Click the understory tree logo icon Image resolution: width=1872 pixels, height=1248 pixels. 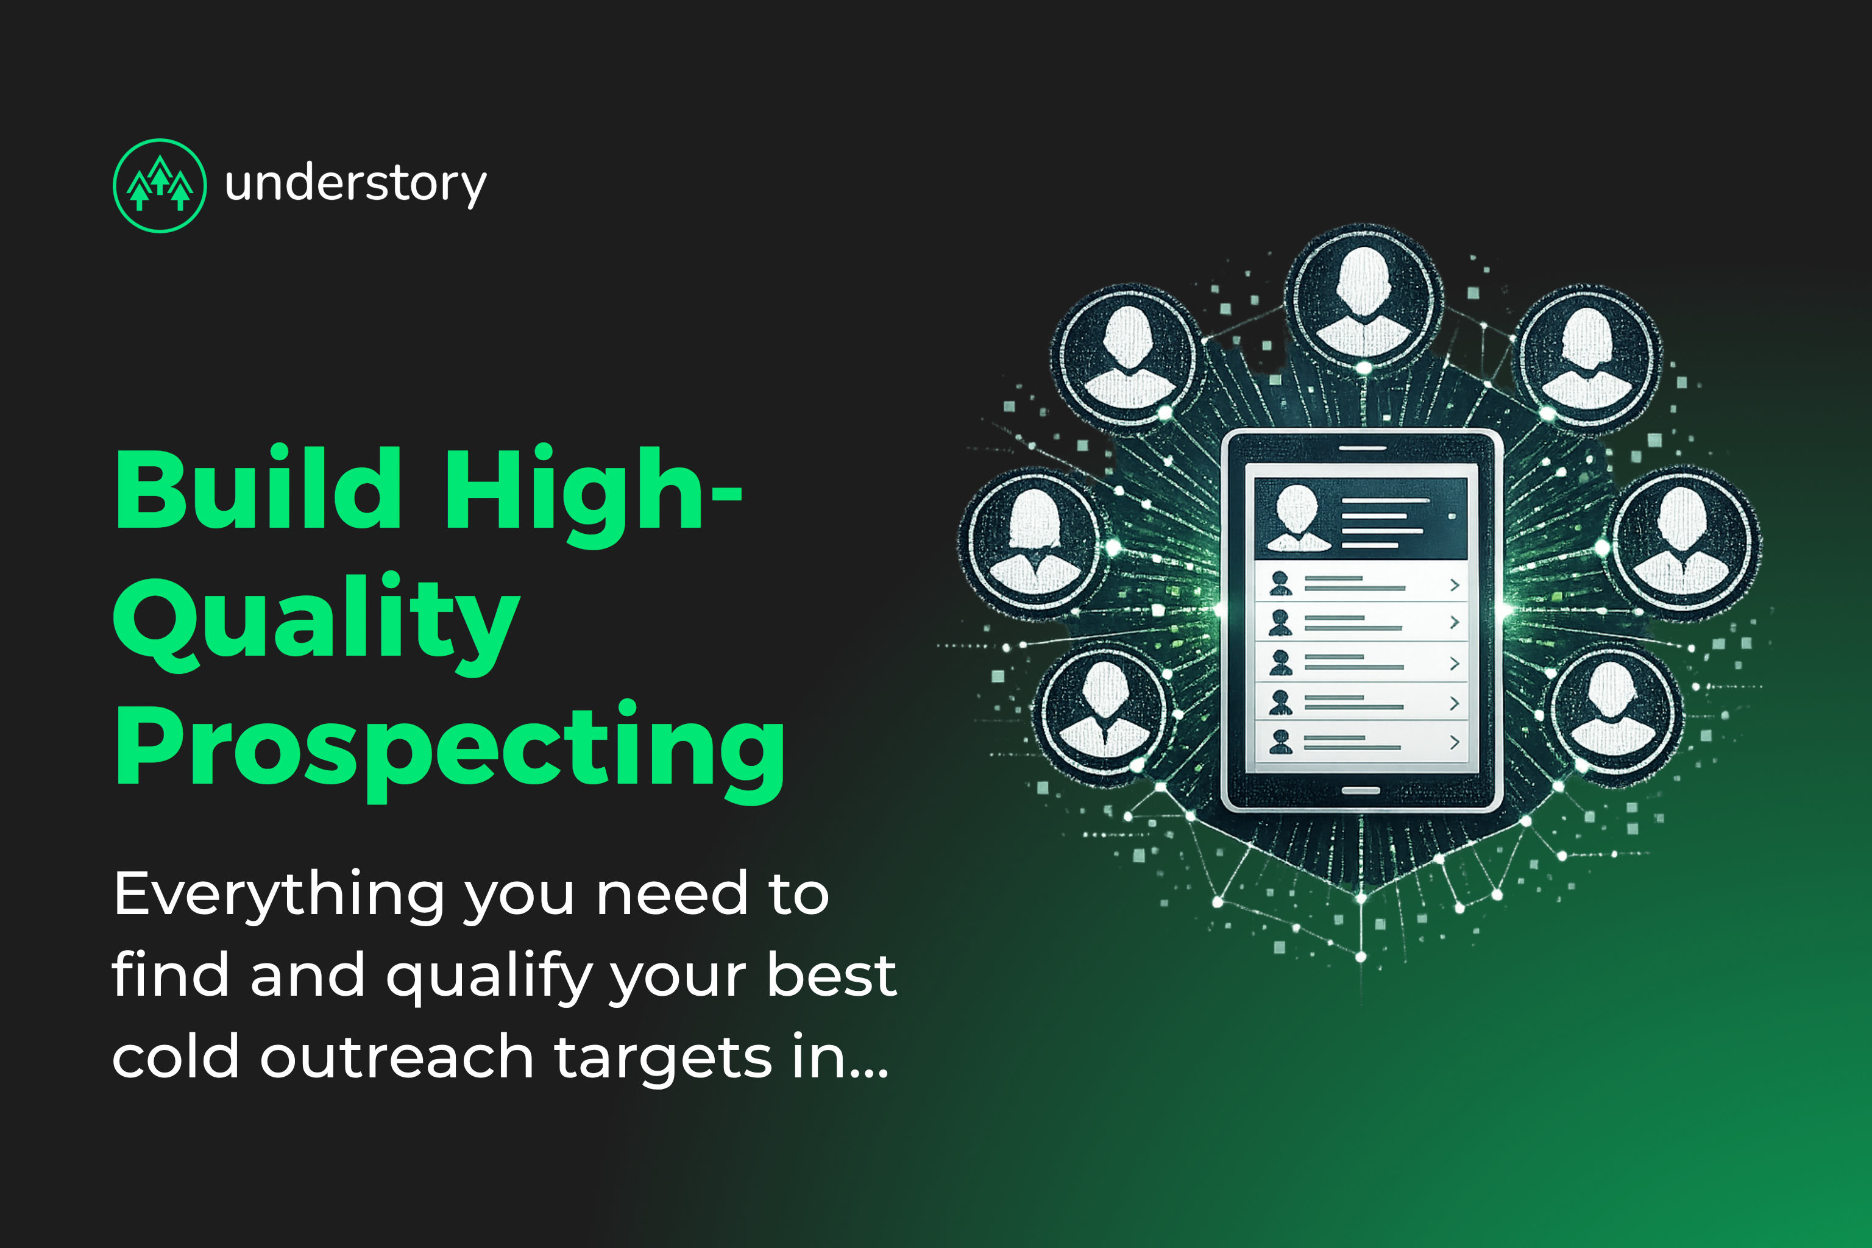click(x=160, y=185)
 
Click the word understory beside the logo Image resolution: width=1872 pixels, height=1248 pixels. click(x=355, y=185)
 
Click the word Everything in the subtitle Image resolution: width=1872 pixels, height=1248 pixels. click(x=278, y=895)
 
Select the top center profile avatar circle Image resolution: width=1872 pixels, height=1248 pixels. click(x=1363, y=299)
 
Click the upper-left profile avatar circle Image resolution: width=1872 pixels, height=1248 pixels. click(x=1129, y=357)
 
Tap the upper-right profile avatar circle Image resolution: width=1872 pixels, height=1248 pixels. click(x=1586, y=356)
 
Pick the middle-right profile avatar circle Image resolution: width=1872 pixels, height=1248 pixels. click(x=1681, y=544)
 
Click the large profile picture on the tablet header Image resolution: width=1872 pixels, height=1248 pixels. click(x=1297, y=518)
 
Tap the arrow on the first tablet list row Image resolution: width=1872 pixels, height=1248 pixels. click(x=1454, y=586)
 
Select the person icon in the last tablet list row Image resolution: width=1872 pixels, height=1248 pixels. click(x=1281, y=742)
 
